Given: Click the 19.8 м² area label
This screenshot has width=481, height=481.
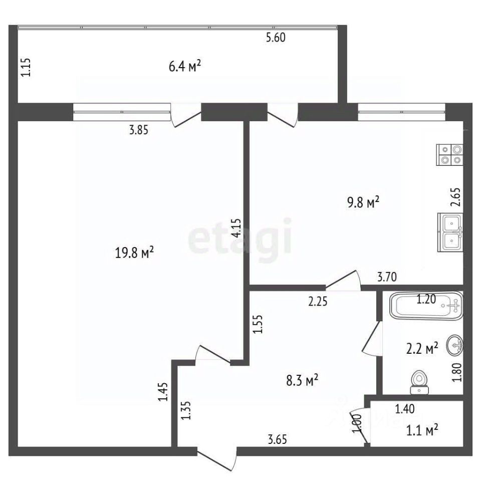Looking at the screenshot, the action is coord(134,253).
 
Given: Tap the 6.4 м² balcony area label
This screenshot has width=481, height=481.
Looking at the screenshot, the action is coord(185,66).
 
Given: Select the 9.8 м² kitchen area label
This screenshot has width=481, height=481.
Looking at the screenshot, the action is coord(363,202).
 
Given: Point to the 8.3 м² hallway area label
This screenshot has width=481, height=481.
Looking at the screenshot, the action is coord(302,380).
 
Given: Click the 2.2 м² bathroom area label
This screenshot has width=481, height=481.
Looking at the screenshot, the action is coord(422,349).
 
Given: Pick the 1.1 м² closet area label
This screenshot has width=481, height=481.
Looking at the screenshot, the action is coord(422,430).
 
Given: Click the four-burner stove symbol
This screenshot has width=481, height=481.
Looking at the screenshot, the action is coord(450,155).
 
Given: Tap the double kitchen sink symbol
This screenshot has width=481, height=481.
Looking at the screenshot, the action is coord(450,232).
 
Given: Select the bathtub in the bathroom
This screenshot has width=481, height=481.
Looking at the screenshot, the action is coord(426,306).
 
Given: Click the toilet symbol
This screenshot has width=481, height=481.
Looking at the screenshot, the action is coord(419,382).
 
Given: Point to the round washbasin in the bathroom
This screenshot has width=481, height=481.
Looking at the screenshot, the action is coord(455,345).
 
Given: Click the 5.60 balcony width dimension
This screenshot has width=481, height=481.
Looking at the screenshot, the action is coord(276,38).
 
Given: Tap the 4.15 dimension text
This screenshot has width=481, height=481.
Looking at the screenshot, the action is coord(236,228).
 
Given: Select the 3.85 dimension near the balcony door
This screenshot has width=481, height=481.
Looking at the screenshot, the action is coord(138,130).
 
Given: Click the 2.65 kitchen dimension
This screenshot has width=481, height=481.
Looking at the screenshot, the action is coord(456,197).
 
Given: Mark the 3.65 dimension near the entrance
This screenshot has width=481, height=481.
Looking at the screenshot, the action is coord(277,439).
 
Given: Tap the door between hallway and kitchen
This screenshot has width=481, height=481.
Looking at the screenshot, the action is coord(343,281).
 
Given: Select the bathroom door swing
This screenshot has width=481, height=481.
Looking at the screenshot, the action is coord(372,339).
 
